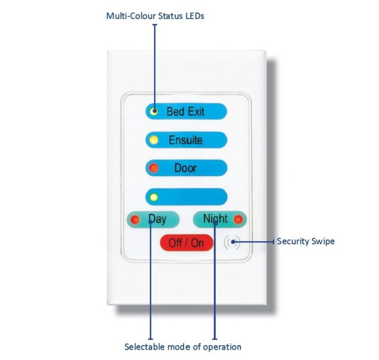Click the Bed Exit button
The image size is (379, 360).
tap(187, 111)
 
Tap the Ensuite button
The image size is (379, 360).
tap(187, 140)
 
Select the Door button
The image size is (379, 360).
tap(187, 168)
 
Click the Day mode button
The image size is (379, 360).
tap(153, 218)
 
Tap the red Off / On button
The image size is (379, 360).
tap(187, 243)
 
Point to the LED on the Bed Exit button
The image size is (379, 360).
tap(154, 111)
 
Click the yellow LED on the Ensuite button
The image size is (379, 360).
tap(154, 140)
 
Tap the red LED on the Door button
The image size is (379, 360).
tap(154, 168)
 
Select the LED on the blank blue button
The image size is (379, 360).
tap(154, 197)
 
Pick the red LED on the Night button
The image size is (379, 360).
tap(239, 218)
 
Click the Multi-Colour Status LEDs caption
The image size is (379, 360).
tap(155, 16)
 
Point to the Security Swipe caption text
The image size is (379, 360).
tap(305, 241)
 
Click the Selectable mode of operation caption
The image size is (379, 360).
tap(183, 347)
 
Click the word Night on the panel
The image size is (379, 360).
tap(215, 218)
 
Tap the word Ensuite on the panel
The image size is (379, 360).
tap(186, 140)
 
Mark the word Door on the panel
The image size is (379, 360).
tap(186, 168)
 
